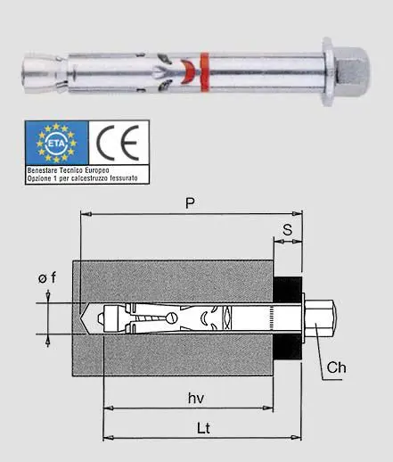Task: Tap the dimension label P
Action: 190,203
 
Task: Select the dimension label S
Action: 287,229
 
